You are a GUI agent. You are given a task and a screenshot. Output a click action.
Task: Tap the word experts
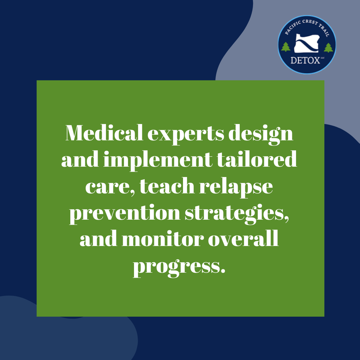click(x=186, y=135)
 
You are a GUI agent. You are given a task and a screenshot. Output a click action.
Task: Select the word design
click(x=261, y=135)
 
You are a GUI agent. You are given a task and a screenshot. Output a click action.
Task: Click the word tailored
click(x=257, y=159)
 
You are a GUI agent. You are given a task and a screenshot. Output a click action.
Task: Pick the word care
click(x=110, y=187)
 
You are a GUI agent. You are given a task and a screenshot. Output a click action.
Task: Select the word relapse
click(x=236, y=187)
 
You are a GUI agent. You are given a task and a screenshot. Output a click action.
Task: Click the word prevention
click(x=125, y=214)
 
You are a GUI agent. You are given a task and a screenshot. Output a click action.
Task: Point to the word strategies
click(x=237, y=214)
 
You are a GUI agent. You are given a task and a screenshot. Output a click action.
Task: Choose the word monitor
click(x=163, y=239)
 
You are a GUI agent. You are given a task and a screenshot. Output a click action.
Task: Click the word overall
click(x=243, y=239)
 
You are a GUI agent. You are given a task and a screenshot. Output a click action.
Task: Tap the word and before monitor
click(x=98, y=239)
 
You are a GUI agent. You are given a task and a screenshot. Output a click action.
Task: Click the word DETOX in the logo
click(x=305, y=60)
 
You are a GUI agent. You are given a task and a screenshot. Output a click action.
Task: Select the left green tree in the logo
click(x=286, y=47)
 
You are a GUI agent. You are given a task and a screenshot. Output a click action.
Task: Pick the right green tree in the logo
click(x=328, y=48)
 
